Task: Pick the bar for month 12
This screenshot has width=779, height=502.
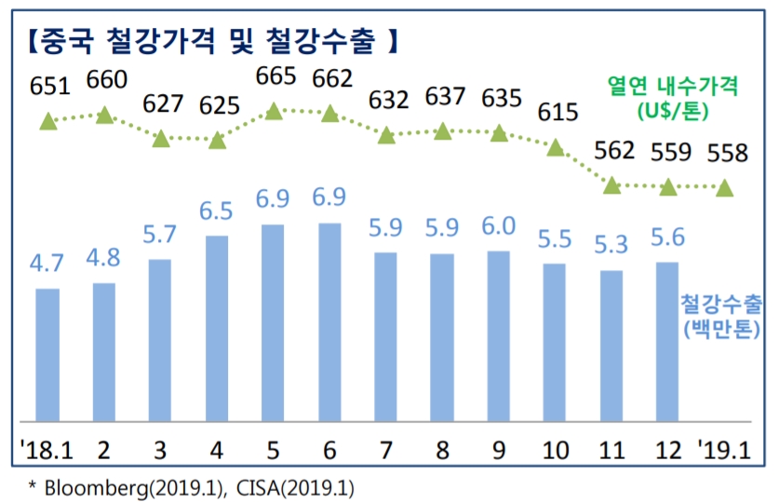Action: [x=668, y=340]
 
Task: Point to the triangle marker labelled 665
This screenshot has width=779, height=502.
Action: [x=274, y=111]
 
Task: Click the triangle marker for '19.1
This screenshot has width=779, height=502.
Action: [x=725, y=187]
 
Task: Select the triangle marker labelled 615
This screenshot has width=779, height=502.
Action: [x=556, y=147]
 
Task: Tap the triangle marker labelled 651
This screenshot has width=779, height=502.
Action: [x=48, y=120]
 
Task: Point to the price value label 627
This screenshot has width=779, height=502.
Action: [x=161, y=105]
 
